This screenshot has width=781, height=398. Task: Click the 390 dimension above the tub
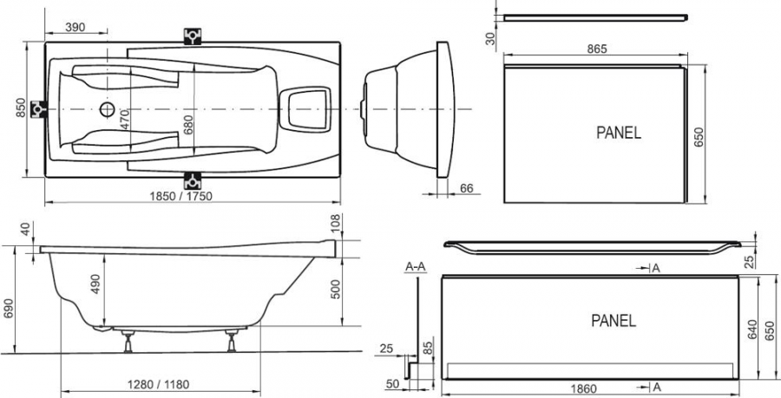pyautogui.click(x=75, y=28)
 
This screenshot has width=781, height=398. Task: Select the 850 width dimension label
pyautogui.click(x=21, y=108)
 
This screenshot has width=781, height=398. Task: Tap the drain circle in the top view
pyautogui.click(x=107, y=109)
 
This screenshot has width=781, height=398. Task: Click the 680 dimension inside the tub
pyautogui.click(x=188, y=126)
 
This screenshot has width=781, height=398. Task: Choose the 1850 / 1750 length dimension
pyautogui.click(x=181, y=196)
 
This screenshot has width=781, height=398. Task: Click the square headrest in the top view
pyautogui.click(x=305, y=109)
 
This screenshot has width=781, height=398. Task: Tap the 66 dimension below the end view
pyautogui.click(x=466, y=188)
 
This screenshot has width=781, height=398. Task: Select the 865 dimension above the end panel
pyautogui.click(x=597, y=49)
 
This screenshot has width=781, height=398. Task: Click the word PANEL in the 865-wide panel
pyautogui.click(x=619, y=133)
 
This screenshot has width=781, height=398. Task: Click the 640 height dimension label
pyautogui.click(x=752, y=329)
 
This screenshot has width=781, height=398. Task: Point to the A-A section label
pyautogui.click(x=416, y=267)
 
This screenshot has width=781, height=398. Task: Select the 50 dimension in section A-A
pyautogui.click(x=392, y=383)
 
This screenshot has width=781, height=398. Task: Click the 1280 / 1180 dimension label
pyautogui.click(x=159, y=385)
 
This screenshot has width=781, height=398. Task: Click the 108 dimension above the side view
pyautogui.click(x=335, y=223)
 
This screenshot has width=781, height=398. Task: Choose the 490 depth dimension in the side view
pyautogui.click(x=95, y=284)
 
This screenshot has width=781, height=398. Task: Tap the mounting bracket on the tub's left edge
pyautogui.click(x=38, y=109)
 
